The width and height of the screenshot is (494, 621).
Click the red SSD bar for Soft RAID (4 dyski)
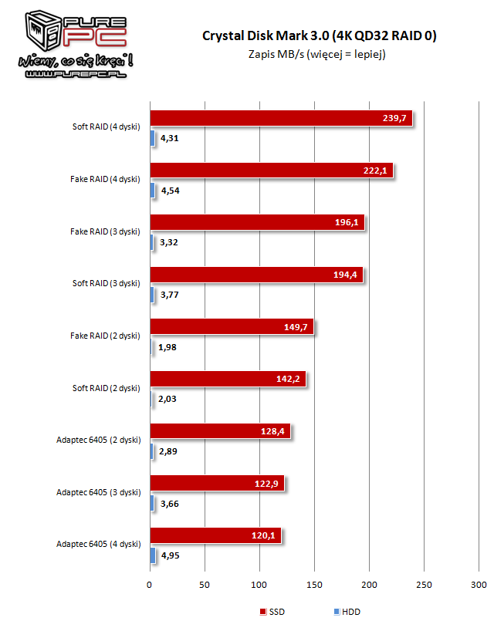pyautogui.click(x=281, y=118)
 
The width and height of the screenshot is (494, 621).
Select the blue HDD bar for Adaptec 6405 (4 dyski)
pyautogui.click(x=153, y=555)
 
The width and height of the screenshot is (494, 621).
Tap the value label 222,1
pyautogui.click(x=375, y=170)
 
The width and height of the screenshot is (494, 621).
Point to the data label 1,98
pyautogui.click(x=167, y=347)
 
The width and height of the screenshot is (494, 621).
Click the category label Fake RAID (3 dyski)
pyautogui.click(x=105, y=231)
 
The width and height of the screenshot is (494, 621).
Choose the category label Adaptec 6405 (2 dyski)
pyautogui.click(x=98, y=440)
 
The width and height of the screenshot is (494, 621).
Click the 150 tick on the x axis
pyautogui.click(x=314, y=585)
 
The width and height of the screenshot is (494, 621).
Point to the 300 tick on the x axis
pyautogui.click(x=479, y=585)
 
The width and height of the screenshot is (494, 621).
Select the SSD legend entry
pyautogui.click(x=272, y=612)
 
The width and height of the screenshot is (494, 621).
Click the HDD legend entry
pyautogui.click(x=347, y=612)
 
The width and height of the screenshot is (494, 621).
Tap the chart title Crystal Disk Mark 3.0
pyautogui.click(x=266, y=35)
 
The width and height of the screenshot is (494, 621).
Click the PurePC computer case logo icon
pyautogui.click(x=42, y=31)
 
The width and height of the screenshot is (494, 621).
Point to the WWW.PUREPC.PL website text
pyautogui.click(x=76, y=74)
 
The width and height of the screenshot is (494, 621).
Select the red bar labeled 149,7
pyautogui.click(x=232, y=327)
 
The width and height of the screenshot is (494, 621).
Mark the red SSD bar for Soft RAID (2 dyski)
pyautogui.click(x=228, y=379)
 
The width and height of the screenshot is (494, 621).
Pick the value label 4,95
pyautogui.click(x=171, y=555)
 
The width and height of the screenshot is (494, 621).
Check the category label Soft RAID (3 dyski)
pyautogui.click(x=107, y=283)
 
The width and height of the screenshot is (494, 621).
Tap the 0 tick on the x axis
pyautogui.click(x=149, y=585)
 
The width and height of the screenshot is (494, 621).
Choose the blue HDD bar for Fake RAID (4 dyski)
pyautogui.click(x=153, y=190)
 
